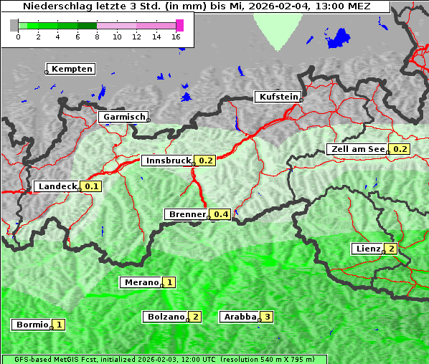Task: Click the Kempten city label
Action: (70, 69)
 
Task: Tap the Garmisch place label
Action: (123, 117)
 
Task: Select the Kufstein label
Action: (278, 97)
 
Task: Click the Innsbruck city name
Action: (167, 161)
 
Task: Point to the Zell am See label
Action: (357, 149)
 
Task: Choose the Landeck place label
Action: (57, 186)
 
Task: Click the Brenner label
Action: (187, 214)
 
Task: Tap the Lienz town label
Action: (367, 249)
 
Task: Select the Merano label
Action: (140, 282)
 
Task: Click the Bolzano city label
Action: (164, 316)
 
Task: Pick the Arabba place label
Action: (239, 316)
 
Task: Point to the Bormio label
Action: (32, 325)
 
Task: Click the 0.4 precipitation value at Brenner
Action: (221, 214)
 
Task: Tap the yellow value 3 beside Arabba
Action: (267, 316)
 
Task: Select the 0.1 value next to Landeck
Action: (92, 186)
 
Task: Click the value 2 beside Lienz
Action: (391, 249)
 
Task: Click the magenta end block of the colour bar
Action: (179, 25)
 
